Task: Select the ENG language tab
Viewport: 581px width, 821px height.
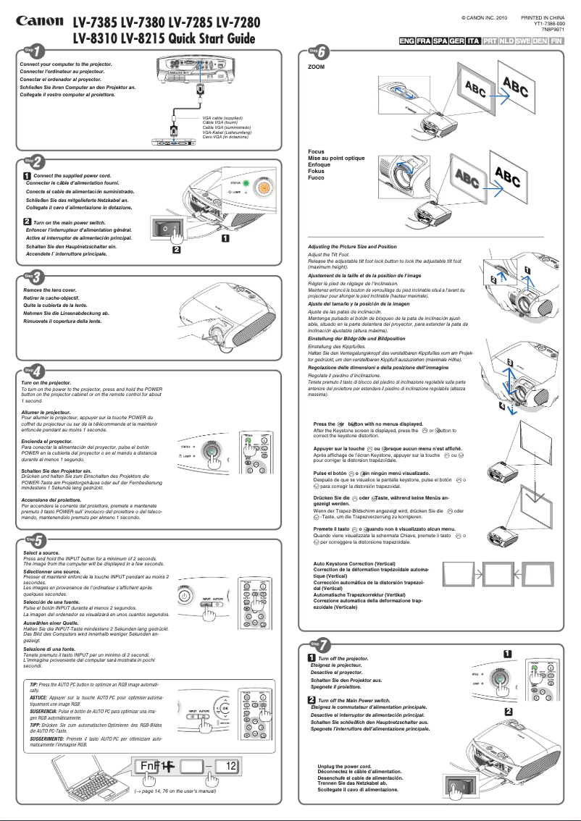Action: [407, 41]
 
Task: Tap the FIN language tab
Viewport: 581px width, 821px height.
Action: [556, 41]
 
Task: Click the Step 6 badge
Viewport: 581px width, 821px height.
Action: [319, 51]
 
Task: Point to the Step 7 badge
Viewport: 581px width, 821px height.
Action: [319, 643]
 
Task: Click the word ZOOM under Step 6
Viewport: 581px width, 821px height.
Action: [317, 66]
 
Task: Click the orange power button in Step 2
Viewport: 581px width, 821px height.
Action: [265, 187]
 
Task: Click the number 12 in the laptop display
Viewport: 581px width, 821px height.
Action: [230, 766]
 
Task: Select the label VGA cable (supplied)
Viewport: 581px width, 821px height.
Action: [222, 117]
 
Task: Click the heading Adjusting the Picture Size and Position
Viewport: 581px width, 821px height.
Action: [352, 247]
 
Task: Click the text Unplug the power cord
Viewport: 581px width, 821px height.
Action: [344, 766]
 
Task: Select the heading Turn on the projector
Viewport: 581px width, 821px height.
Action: [46, 382]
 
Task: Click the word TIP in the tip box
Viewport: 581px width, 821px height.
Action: [34, 684]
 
